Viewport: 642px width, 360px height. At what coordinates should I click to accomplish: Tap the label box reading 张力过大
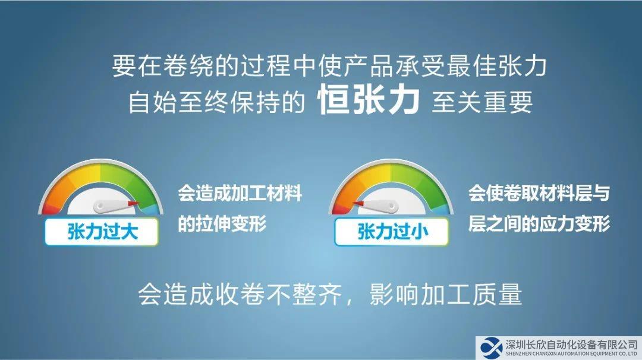pos(102,232)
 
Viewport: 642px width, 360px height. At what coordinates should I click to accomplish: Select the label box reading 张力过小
pos(392,232)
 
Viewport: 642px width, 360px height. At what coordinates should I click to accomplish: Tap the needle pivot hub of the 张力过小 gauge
pos(391,207)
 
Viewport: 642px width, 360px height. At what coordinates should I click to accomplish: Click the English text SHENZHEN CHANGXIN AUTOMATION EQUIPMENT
pos(565,354)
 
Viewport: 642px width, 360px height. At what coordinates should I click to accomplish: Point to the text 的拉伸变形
pos(222,223)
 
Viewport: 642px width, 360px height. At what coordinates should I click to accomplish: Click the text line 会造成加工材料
pos(240,193)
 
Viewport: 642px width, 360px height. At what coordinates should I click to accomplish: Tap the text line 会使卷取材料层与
pos(539,193)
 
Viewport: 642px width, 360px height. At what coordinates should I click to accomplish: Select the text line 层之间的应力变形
pos(539,223)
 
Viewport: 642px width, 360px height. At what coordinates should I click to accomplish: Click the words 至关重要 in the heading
pos(482,102)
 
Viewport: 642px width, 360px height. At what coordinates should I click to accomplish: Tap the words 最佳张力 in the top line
pos(496,67)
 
